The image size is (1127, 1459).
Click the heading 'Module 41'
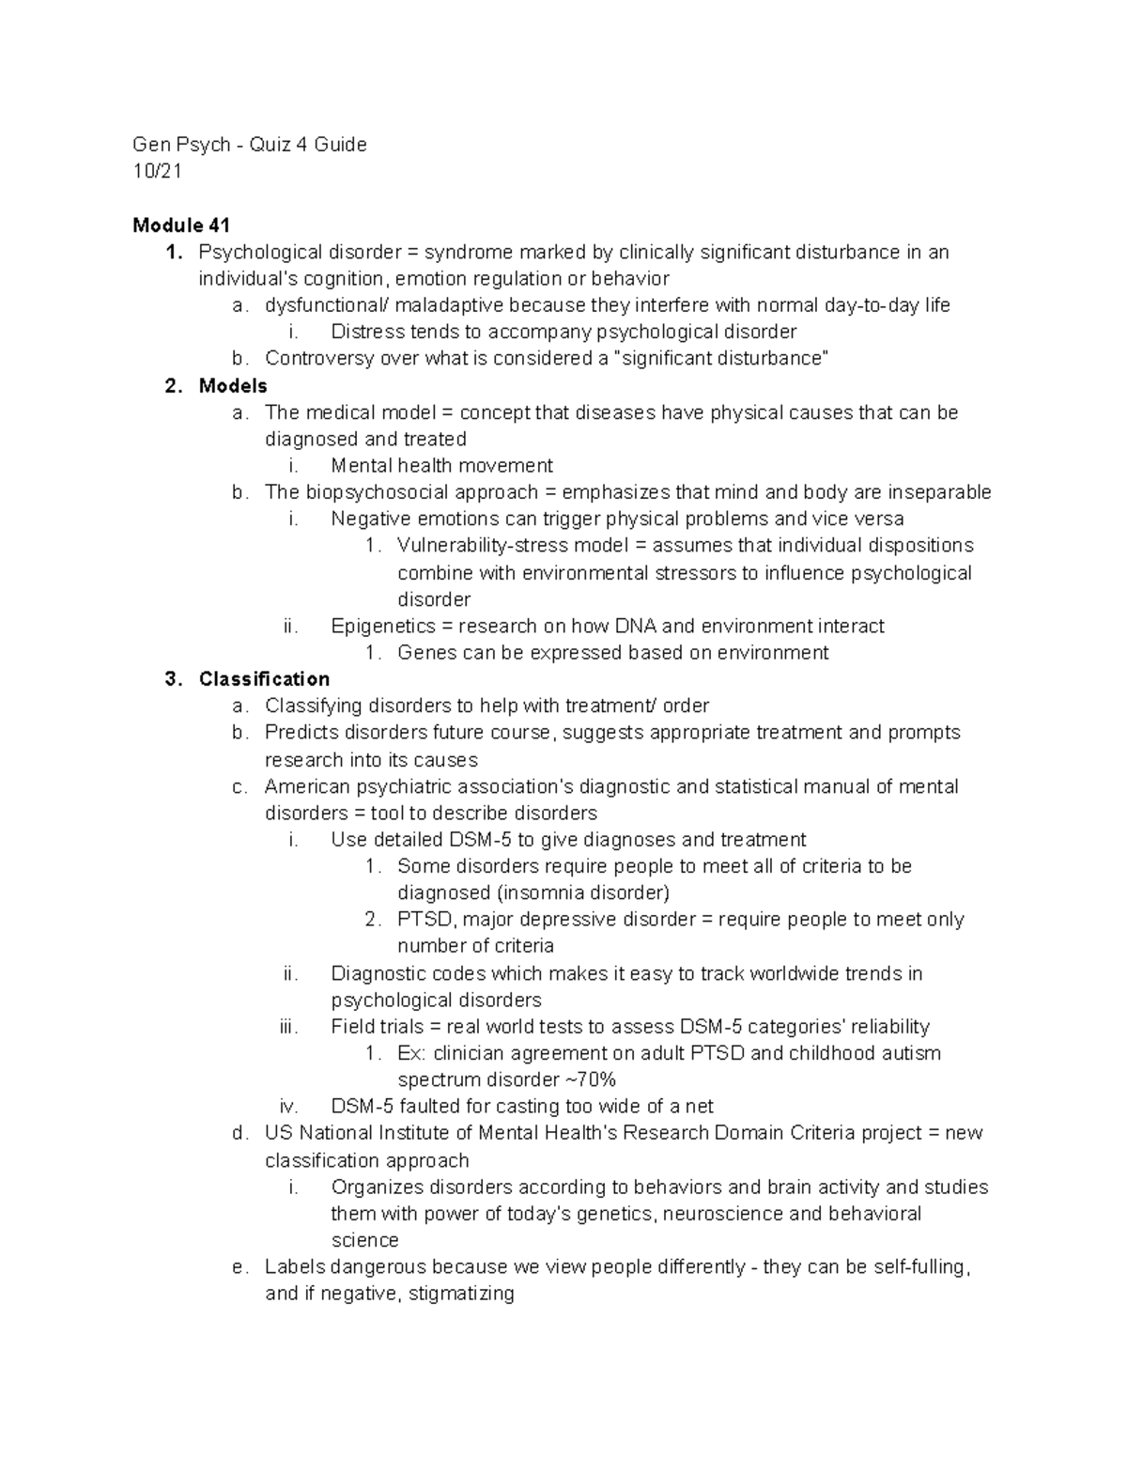pos(181,225)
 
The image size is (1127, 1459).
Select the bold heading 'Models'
pos(233,386)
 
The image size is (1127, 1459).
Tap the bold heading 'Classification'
pos(264,679)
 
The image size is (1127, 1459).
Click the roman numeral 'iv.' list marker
pos(288,1106)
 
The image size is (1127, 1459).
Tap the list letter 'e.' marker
pos(239,1266)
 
